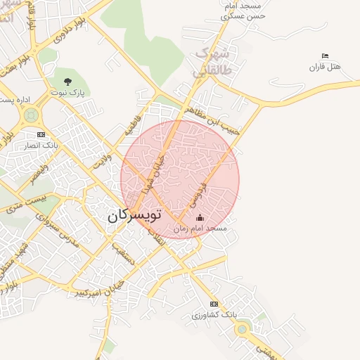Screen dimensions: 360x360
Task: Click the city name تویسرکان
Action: tap(134, 215)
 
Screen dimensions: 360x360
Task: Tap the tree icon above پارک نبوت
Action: tap(67, 81)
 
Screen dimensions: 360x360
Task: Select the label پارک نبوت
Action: tap(67, 92)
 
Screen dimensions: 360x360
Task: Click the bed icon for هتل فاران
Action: tap(324, 56)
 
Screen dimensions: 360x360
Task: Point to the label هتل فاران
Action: tap(324, 67)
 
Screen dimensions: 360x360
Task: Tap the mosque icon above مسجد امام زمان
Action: tap(200, 217)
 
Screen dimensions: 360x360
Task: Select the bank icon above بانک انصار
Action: tap(41, 134)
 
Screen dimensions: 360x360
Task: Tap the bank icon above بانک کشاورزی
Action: tap(214, 304)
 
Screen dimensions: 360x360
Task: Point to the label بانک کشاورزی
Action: tap(214, 315)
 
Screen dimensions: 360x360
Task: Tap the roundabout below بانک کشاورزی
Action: tap(243, 328)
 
